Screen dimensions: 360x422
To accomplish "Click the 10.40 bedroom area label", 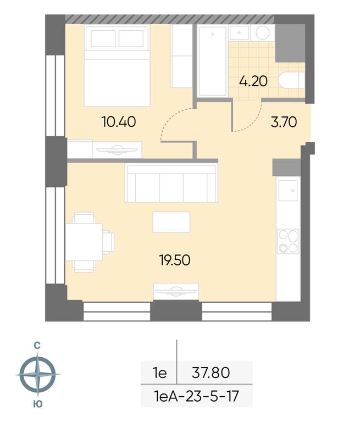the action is click(119, 121).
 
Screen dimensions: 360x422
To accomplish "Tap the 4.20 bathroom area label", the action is click(253, 81).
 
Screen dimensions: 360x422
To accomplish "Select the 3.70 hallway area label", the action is click(284, 122).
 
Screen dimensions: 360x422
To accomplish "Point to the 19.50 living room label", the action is click(175, 260).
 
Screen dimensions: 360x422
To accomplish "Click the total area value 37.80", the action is click(211, 373).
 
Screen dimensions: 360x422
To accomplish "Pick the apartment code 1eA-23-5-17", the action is click(196, 396).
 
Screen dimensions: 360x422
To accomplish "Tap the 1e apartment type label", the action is click(160, 373).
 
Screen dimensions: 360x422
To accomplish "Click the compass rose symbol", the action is click(38, 374).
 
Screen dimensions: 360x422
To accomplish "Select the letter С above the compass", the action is click(37, 345).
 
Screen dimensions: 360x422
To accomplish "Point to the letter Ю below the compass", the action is click(38, 404).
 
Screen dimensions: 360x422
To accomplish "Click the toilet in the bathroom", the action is click(292, 80).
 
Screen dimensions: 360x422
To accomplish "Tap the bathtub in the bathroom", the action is click(213, 60).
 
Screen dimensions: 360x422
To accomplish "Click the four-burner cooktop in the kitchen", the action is click(288, 241).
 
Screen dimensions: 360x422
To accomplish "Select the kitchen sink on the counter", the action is click(288, 190).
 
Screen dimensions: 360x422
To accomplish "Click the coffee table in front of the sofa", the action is click(171, 222).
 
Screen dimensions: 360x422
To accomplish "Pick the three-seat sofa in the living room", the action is click(171, 184).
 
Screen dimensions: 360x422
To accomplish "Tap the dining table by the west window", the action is click(84, 242).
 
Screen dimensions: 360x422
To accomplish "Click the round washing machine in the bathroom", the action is click(263, 33).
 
